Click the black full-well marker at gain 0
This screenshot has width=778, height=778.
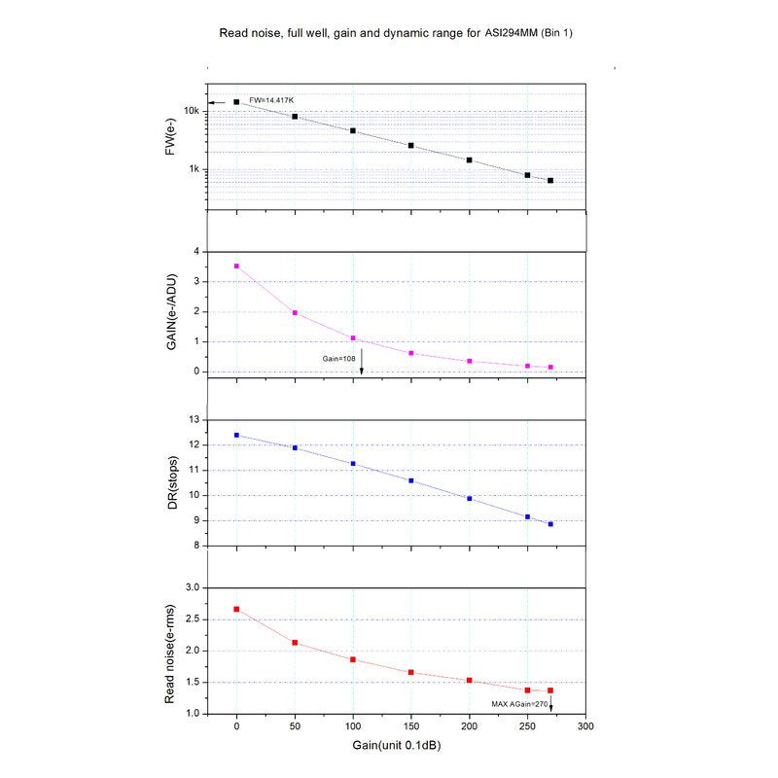click(x=236, y=101)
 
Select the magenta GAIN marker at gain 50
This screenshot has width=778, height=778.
click(x=295, y=313)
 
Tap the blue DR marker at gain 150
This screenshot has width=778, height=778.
click(x=411, y=480)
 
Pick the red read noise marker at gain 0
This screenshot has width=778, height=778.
click(x=236, y=610)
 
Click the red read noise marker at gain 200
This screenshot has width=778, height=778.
click(x=470, y=681)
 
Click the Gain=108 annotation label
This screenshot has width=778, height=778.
click(x=341, y=358)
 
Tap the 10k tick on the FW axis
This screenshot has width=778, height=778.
click(x=193, y=111)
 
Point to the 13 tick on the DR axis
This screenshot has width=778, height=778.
click(x=193, y=420)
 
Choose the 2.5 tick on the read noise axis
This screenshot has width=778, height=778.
click(x=191, y=619)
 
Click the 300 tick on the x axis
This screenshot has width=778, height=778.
click(x=585, y=726)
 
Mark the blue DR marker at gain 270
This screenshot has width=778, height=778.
click(x=550, y=524)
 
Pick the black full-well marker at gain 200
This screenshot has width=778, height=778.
click(x=470, y=159)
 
